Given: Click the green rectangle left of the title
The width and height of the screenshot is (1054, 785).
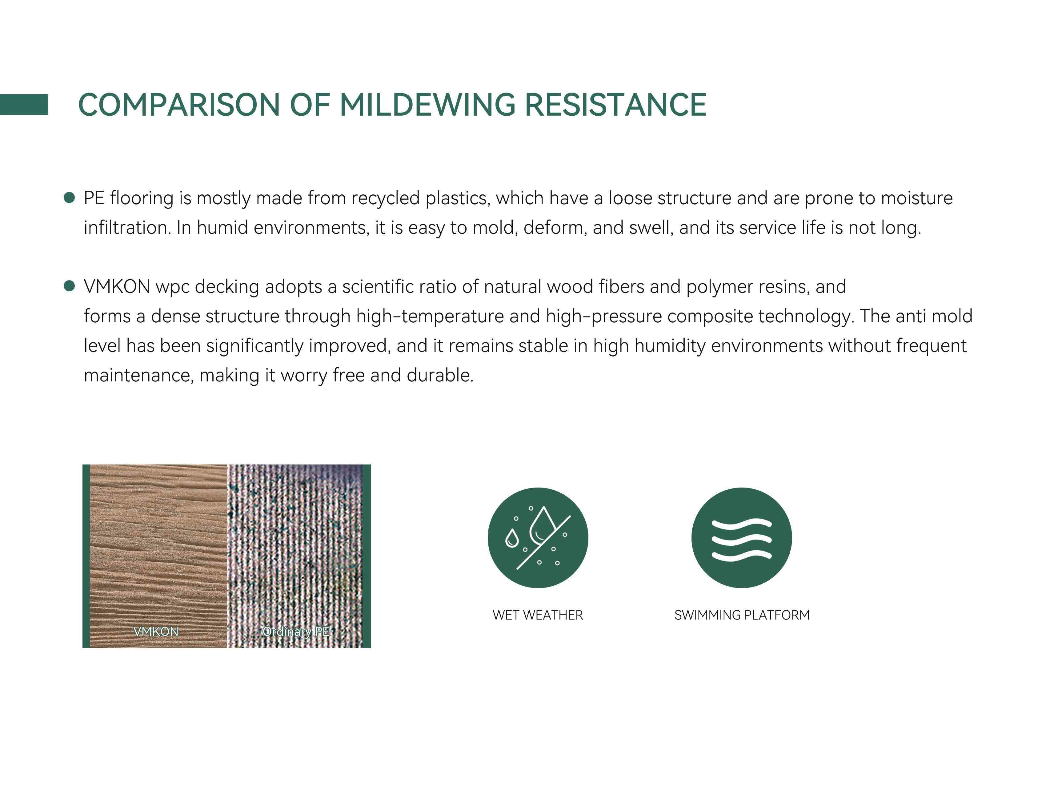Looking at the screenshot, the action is (x=24, y=105).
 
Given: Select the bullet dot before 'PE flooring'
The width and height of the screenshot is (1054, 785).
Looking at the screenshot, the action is (x=70, y=198).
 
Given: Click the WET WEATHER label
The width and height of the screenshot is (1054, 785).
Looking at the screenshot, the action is (x=538, y=615).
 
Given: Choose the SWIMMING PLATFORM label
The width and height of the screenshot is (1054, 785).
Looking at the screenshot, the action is (x=742, y=615).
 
